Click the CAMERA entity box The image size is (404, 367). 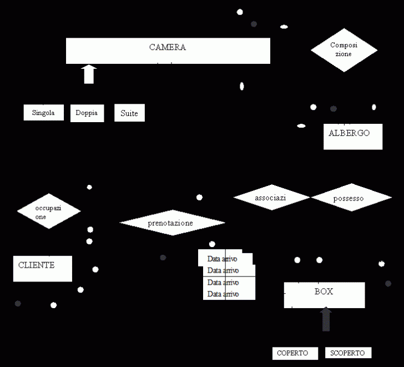pyautogui.click(x=168, y=51)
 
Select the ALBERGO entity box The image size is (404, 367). pyautogui.click(x=353, y=137)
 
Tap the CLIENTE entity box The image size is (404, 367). pyautogui.click(x=42, y=269)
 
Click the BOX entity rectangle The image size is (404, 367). pyautogui.click(x=324, y=295)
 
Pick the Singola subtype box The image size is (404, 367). pyautogui.click(x=43, y=113)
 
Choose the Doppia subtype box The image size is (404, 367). pyautogui.click(x=87, y=113)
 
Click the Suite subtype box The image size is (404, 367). pyautogui.click(x=129, y=113)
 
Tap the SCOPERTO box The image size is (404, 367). pyautogui.click(x=348, y=353)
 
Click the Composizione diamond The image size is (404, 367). pyautogui.click(x=344, y=50)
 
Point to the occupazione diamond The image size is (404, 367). pyautogui.click(x=49, y=212)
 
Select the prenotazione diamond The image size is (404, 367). pyautogui.click(x=172, y=223)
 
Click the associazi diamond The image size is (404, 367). pyautogui.click(x=271, y=198)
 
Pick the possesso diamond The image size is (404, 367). pyautogui.click(x=351, y=198)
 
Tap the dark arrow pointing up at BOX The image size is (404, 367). pyautogui.click(x=326, y=320)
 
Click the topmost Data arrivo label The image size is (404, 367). pyautogui.click(x=223, y=259)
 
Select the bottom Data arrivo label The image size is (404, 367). pyautogui.click(x=223, y=294)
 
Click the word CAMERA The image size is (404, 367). pyautogui.click(x=168, y=48)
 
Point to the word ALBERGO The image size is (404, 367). pyautogui.click(x=349, y=133)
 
